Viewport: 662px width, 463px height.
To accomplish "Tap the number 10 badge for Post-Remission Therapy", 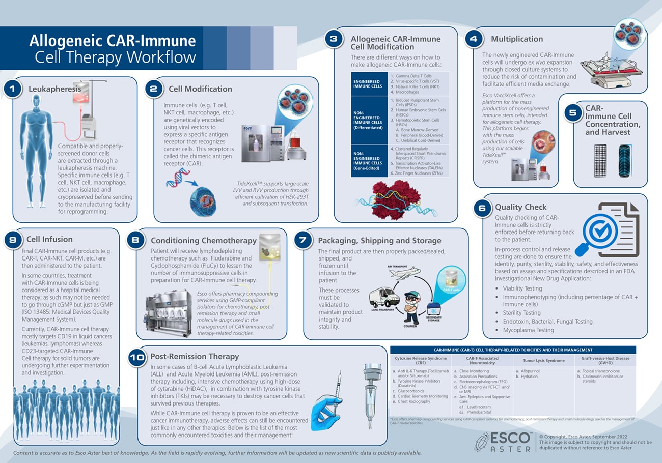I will click(136, 358).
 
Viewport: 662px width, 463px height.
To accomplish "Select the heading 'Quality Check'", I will click(520, 207).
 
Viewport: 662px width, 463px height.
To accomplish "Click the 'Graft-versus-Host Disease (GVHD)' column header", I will click(604, 360).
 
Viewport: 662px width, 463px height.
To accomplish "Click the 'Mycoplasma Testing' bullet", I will click(529, 330).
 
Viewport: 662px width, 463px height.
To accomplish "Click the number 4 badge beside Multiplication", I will click(474, 39).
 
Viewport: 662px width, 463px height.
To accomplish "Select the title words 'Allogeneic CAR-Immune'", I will click(112, 41).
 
